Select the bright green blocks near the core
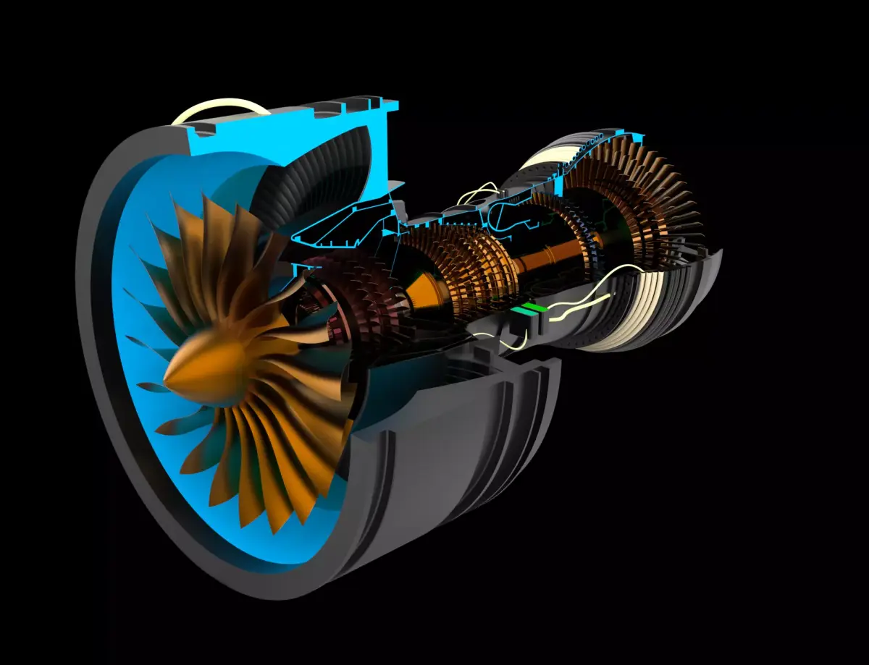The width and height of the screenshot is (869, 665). click(x=531, y=309)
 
